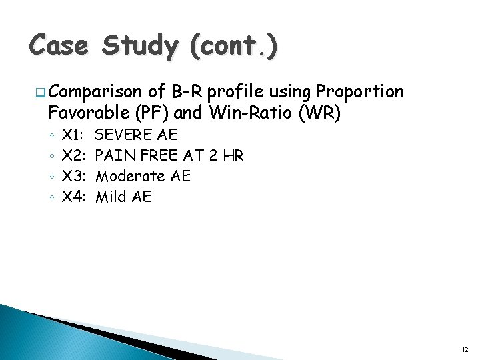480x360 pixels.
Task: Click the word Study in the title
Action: click(140, 46)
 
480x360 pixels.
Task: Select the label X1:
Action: click(73, 135)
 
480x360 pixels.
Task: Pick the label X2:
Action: click(73, 156)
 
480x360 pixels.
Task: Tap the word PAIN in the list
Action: click(114, 156)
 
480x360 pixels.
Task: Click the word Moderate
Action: click(130, 177)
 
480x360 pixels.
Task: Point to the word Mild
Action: click(111, 197)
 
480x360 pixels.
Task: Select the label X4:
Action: click(73, 197)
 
